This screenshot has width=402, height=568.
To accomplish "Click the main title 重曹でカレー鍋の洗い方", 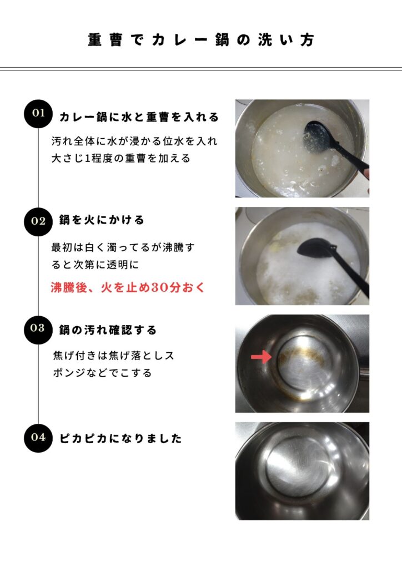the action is pos(201,39).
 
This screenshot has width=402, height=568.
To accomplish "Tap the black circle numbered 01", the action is pos(38,113).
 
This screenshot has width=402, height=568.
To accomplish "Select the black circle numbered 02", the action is pos(38,221).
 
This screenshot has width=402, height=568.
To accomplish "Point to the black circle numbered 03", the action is pos(38,329).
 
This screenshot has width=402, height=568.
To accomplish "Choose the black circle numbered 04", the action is pos(38,438).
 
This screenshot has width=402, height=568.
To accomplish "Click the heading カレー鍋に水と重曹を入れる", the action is pos(139,117).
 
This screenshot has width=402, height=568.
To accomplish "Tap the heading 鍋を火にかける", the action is pos(102,220).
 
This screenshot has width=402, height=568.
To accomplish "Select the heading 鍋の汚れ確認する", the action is pos(108,330).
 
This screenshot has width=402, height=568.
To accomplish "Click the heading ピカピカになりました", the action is pos(120,438).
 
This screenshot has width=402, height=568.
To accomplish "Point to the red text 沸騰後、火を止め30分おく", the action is pos(128,288).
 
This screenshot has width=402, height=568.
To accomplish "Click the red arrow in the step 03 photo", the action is pos(261,357).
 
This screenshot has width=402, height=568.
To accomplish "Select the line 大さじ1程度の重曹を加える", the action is pos(121,158).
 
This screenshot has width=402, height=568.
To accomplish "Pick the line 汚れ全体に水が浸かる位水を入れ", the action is pos(134,141).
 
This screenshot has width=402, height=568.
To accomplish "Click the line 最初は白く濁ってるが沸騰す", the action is pos(123,247).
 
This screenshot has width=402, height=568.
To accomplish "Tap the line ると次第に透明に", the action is pos(96,265).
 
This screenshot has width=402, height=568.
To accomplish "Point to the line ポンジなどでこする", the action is pos(102,373).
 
